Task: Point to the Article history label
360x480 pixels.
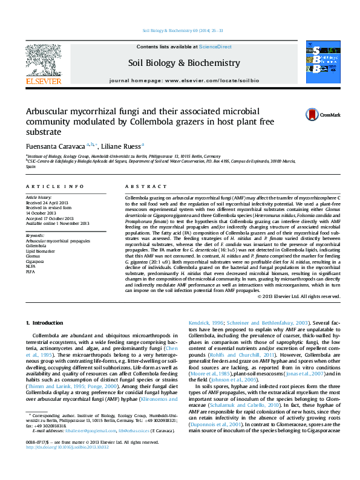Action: (39, 198)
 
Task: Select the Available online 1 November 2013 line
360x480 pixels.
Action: (57, 223)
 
